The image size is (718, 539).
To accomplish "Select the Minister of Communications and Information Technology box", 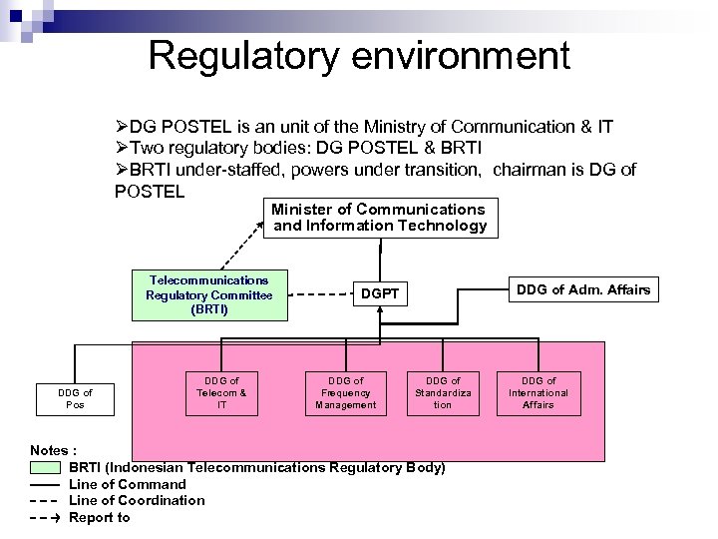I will [380, 218].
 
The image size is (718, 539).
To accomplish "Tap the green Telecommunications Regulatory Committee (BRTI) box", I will [209, 294].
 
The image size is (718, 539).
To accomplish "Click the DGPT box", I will [380, 294].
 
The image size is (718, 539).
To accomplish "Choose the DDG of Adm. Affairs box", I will [582, 290].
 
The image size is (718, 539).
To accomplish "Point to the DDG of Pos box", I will [75, 399].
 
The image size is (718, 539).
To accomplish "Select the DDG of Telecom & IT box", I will [221, 392].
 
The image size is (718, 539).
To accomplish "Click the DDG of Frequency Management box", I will [346, 392].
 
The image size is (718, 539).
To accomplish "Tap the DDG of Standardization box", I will [443, 392].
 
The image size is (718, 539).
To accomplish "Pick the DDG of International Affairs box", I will [538, 392].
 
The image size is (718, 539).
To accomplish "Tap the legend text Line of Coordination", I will [137, 500].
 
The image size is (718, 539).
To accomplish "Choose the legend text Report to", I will [100, 517].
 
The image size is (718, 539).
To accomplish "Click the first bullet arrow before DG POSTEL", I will [122, 128].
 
